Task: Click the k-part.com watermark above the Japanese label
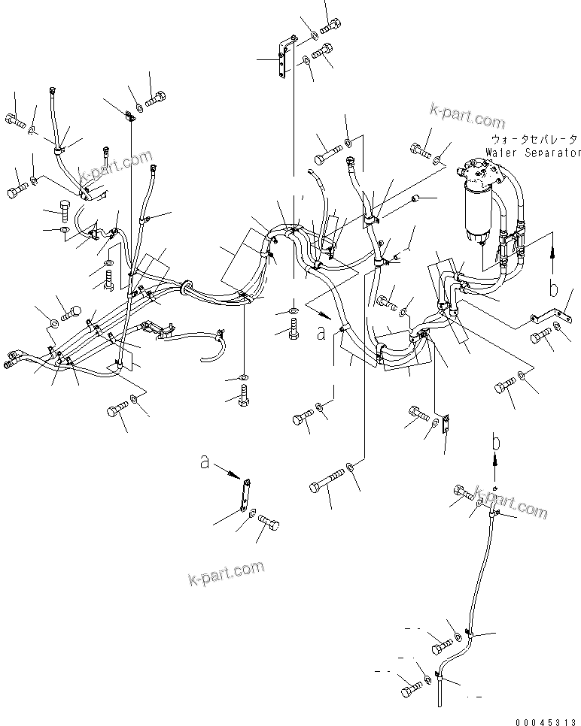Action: pyautogui.click(x=467, y=117)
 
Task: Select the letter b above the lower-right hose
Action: pyautogui.click(x=495, y=442)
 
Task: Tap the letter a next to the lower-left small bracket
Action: pyautogui.click(x=205, y=464)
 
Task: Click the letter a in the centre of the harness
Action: pyautogui.click(x=321, y=333)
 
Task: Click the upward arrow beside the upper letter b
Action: pyautogui.click(x=554, y=259)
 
